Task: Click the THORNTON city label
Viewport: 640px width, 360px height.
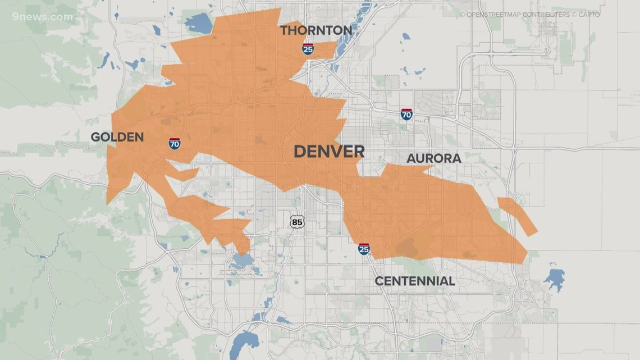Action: coord(316,30)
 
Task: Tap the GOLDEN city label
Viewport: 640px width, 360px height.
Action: coord(117,137)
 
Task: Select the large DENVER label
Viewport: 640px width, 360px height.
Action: coord(329,152)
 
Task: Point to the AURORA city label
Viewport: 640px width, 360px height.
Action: coord(433,159)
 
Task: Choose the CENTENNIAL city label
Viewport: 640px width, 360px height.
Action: coord(414,281)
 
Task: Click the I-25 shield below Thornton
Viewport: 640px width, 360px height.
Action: coord(308,49)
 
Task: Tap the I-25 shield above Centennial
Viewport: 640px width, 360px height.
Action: coord(364,249)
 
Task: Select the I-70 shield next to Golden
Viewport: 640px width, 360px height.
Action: coord(175,143)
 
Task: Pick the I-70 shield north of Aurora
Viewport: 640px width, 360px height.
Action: coord(406,115)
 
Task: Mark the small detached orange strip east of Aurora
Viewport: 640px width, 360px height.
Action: coord(517,216)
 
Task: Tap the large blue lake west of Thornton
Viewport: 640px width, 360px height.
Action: coord(197,23)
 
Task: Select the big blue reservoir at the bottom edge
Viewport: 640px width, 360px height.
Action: coord(245,343)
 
